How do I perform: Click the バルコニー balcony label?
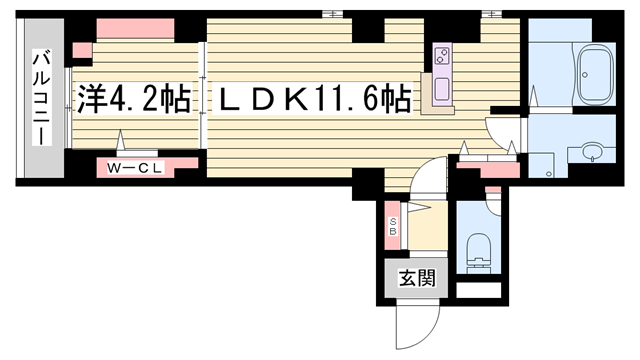point(41,97)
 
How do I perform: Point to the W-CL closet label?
point(135,168)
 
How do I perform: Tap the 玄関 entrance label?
point(417,278)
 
